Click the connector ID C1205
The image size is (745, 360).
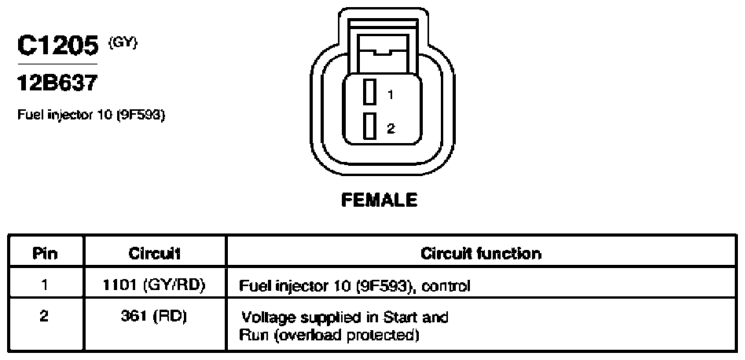click(x=58, y=46)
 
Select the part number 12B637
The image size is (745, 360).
click(x=57, y=83)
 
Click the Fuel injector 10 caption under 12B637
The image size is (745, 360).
click(x=91, y=116)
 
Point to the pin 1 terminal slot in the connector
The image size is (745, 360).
click(x=369, y=92)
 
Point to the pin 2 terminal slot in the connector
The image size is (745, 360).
click(x=369, y=127)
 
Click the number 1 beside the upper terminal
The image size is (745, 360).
click(x=390, y=95)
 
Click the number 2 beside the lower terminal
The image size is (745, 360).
click(x=391, y=128)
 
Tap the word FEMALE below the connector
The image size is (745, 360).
click(x=379, y=200)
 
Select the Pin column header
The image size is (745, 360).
click(x=45, y=253)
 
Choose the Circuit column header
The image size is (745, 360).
click(x=154, y=253)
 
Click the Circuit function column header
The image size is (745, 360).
click(x=481, y=253)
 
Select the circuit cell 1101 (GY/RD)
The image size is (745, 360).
click(x=154, y=285)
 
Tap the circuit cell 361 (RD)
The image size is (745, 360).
click(x=154, y=318)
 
